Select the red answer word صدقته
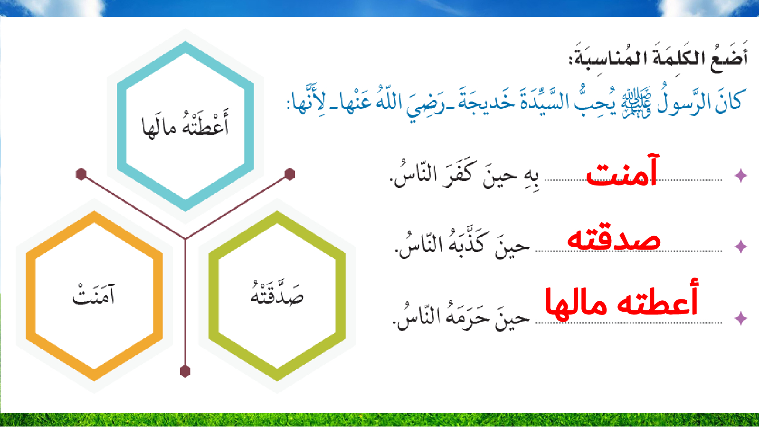[x=614, y=238]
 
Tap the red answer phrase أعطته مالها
[x=622, y=298]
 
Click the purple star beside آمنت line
[x=740, y=175]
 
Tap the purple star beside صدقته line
[x=740, y=246]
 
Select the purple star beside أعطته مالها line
[x=740, y=318]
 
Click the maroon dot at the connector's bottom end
[x=185, y=371]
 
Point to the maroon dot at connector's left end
[x=81, y=174]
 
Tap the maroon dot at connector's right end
[x=289, y=174]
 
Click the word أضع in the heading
[x=729, y=57]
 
